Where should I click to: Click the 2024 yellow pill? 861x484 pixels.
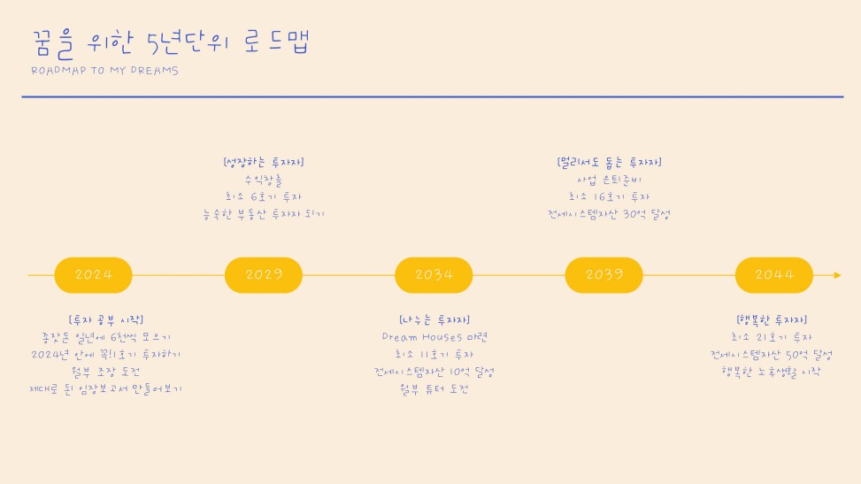coord(94,275)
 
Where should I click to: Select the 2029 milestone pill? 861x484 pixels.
coord(264,275)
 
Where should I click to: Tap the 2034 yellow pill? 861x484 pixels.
coord(434,275)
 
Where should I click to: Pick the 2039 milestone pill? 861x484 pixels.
coord(603,275)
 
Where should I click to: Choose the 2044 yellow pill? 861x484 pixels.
coord(773,275)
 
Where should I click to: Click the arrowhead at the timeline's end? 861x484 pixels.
coord(837,275)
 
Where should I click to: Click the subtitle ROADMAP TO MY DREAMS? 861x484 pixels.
coord(104,71)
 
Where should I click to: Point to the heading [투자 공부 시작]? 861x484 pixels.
coord(105,319)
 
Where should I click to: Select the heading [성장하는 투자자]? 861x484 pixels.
coord(264,162)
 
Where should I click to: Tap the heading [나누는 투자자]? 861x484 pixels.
coord(434,319)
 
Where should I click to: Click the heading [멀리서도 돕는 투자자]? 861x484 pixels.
coord(610,162)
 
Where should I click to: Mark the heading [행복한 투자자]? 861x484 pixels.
coord(772,319)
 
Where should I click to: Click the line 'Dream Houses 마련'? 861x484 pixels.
coord(434,337)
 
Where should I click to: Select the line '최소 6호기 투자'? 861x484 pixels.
coord(264,196)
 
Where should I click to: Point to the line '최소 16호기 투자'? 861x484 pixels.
coord(610,196)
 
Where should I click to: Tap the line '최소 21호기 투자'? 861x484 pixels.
coord(772,337)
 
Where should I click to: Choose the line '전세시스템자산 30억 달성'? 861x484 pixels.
coord(610,214)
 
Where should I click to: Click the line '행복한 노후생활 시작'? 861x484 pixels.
coord(772,372)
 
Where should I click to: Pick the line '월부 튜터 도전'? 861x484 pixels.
coord(434,388)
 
